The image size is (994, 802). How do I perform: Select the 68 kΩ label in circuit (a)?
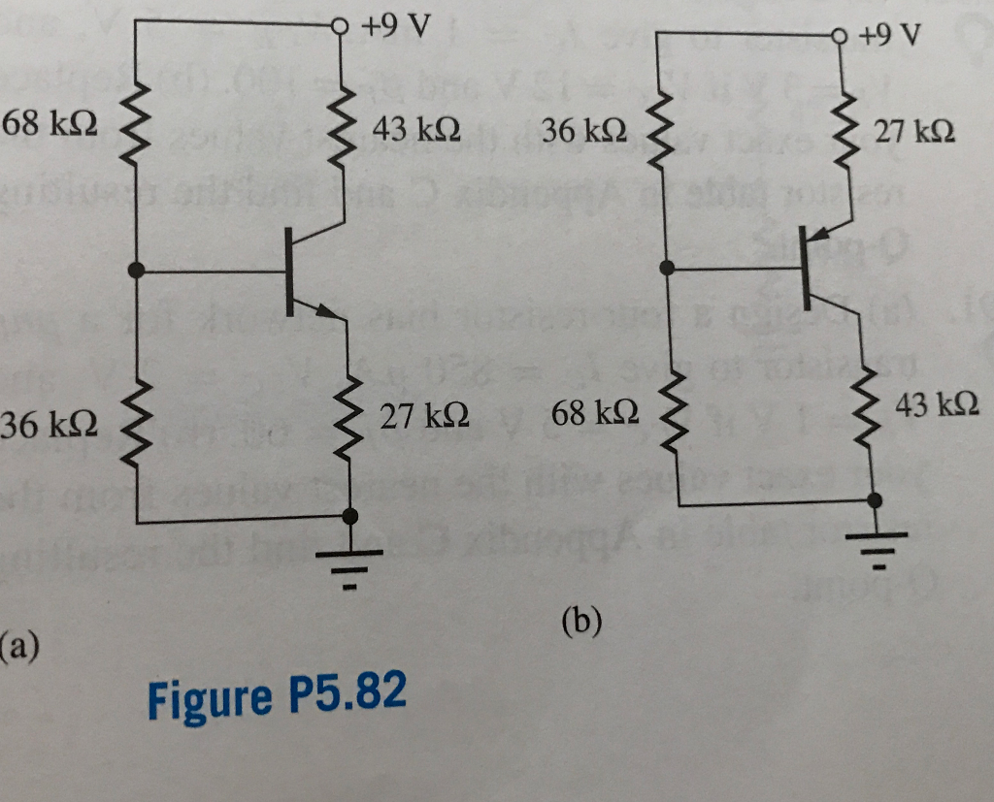[x=49, y=124]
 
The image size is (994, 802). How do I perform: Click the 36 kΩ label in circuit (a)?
[x=49, y=424]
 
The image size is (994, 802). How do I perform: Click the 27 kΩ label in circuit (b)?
[x=912, y=130]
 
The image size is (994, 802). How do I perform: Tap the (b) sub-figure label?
[x=580, y=620]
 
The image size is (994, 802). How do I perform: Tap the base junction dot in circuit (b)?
[x=667, y=268]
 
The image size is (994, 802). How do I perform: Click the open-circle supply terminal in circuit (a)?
[x=341, y=26]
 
